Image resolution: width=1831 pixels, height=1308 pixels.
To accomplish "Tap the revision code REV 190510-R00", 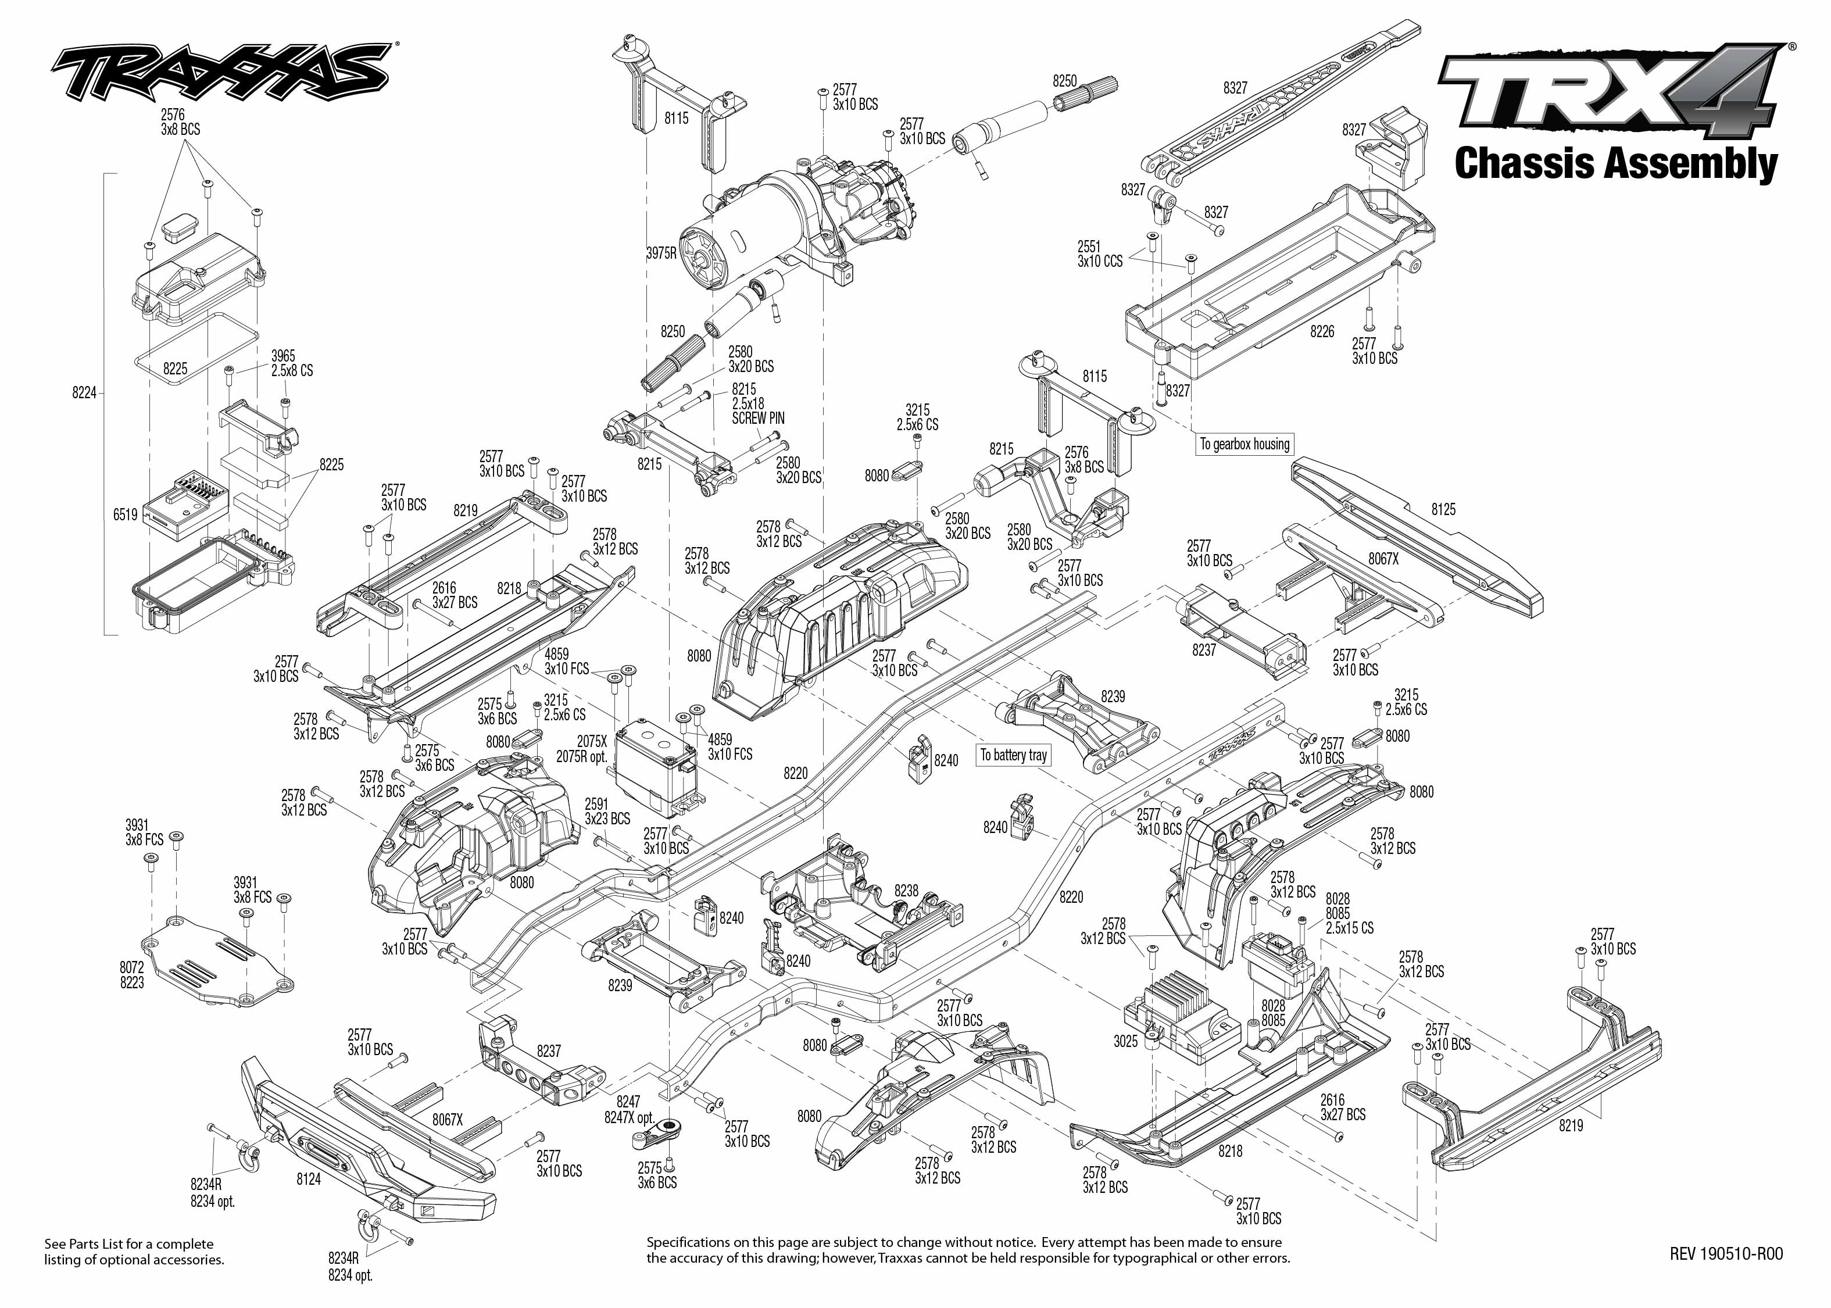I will (x=1726, y=1253).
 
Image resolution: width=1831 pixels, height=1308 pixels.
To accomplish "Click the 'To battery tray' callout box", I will (x=1013, y=755).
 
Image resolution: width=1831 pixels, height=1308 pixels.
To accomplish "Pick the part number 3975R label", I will (x=661, y=253).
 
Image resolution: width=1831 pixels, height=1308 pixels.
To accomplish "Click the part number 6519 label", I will (x=126, y=514).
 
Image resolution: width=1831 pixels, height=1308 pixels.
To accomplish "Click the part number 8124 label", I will (x=309, y=1179).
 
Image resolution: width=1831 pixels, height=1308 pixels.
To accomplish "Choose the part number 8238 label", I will (x=906, y=891).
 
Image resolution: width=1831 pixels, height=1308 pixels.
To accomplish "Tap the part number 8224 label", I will (x=84, y=392).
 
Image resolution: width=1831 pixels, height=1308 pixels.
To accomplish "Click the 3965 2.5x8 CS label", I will (x=291, y=363).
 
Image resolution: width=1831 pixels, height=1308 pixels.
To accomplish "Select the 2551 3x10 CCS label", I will (x=1099, y=253).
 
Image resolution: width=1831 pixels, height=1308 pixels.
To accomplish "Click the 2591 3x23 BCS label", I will (x=607, y=811).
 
